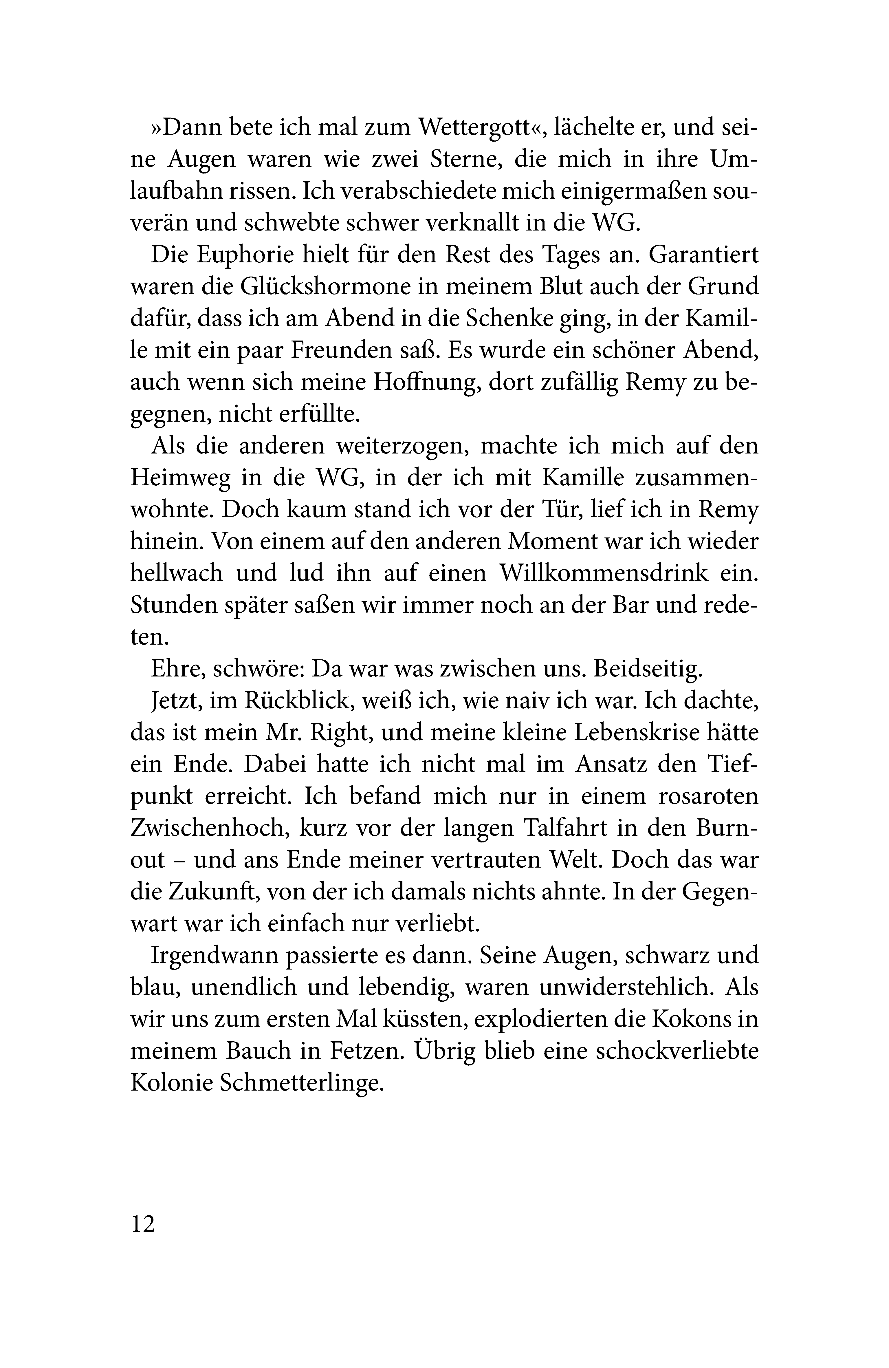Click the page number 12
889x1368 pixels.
tap(143, 1224)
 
